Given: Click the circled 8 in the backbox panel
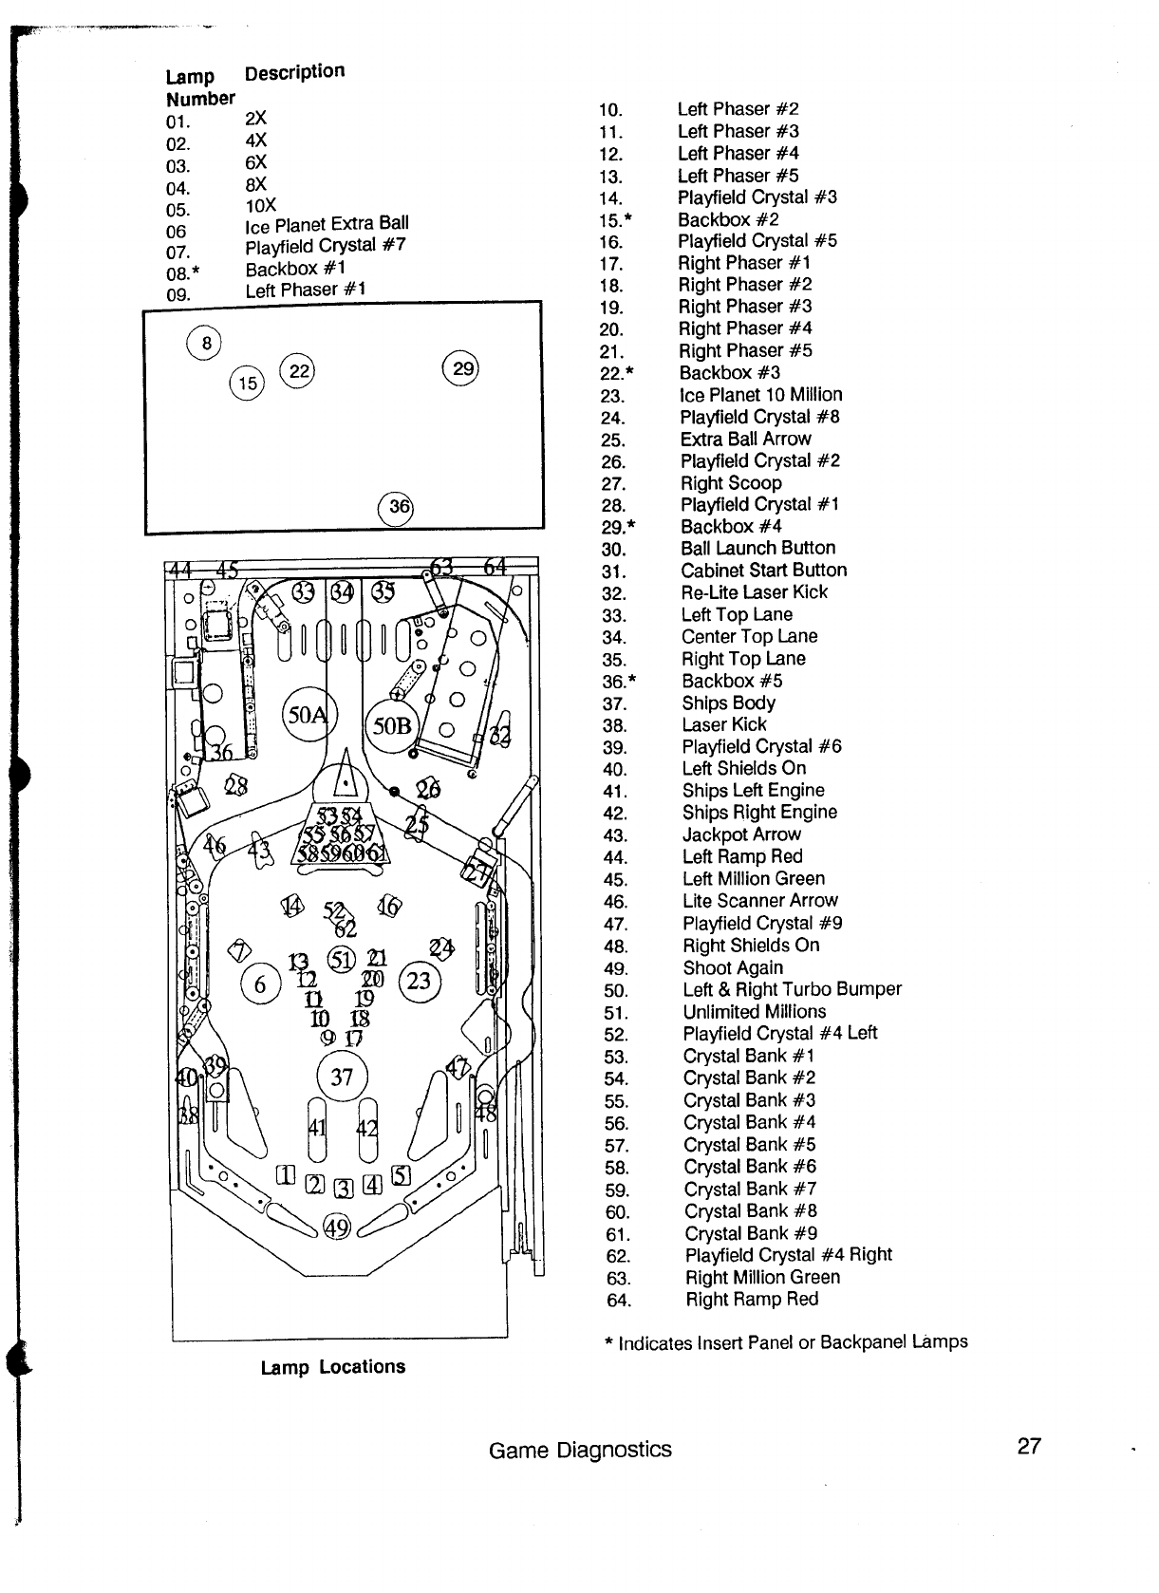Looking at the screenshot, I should [x=204, y=342].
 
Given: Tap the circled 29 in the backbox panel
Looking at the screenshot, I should [x=462, y=368].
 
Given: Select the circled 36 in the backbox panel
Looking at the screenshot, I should [x=397, y=507].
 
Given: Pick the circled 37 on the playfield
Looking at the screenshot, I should [x=342, y=1077].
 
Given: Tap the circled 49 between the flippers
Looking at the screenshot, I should [x=338, y=1228].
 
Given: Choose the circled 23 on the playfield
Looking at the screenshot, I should [x=419, y=981].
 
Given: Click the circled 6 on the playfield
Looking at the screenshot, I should [x=261, y=984].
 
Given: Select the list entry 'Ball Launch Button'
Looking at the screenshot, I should [x=757, y=548].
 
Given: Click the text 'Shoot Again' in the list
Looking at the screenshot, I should [x=733, y=967].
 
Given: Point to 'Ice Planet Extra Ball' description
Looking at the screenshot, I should [x=327, y=225].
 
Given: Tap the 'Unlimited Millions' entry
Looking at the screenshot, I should [x=755, y=1011].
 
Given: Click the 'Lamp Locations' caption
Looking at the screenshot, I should [x=333, y=1367].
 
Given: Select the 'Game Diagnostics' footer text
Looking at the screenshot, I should [x=580, y=1450].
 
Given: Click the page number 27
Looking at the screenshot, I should [x=1029, y=1446].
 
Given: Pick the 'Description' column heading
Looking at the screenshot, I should [x=294, y=72].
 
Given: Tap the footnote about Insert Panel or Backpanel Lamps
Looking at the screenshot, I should [x=786, y=1342].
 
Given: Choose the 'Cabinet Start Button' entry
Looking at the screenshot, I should [x=763, y=570].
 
